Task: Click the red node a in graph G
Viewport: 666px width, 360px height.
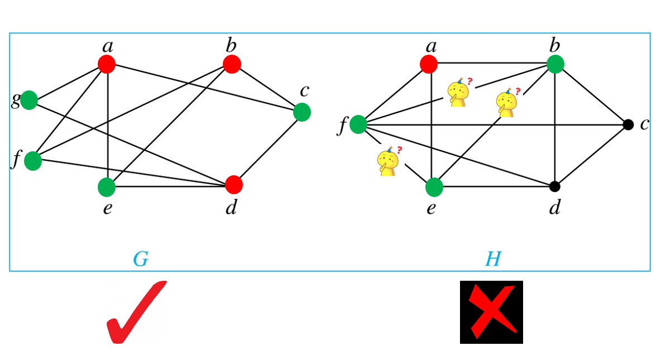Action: pyautogui.click(x=107, y=64)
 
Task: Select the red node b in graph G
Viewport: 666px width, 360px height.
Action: pyautogui.click(x=232, y=64)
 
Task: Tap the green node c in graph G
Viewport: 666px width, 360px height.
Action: pyautogui.click(x=301, y=112)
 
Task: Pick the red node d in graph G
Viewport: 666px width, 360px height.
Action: pyautogui.click(x=234, y=184)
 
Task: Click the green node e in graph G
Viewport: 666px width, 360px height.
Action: pyautogui.click(x=107, y=187)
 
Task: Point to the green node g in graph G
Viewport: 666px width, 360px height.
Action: pyautogui.click(x=29, y=100)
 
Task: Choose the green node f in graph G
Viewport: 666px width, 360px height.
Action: pyautogui.click(x=33, y=161)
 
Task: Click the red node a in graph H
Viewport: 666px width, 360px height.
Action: pyautogui.click(x=429, y=64)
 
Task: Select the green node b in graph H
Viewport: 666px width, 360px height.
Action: pyautogui.click(x=555, y=64)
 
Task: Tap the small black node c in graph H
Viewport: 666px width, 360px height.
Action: pyautogui.click(x=628, y=124)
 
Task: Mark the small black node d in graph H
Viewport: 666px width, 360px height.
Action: pyautogui.click(x=554, y=186)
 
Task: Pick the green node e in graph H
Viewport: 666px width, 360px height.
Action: pyautogui.click(x=434, y=188)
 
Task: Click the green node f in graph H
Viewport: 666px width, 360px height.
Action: pyautogui.click(x=358, y=124)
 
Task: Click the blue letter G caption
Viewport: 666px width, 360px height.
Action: pyautogui.click(x=140, y=259)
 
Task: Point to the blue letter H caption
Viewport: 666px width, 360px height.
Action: pyautogui.click(x=492, y=259)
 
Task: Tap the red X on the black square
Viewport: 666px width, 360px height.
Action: pyautogui.click(x=491, y=312)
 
